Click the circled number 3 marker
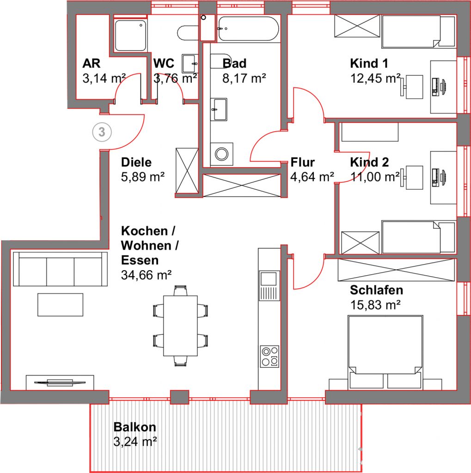[x=102, y=132]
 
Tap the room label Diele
[x=136, y=162]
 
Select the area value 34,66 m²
[x=146, y=275]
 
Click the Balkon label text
[x=135, y=427]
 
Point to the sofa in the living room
[x=60, y=269]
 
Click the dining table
[x=180, y=326]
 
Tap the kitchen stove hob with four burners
[x=269, y=357]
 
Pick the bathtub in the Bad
[x=248, y=29]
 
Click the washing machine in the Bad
[x=221, y=154]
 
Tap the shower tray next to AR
[x=130, y=35]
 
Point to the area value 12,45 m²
[x=375, y=79]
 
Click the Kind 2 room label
[x=369, y=162]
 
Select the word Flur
[x=303, y=162]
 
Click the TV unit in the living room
[x=60, y=382]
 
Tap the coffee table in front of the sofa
[x=61, y=305]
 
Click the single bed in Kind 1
[x=418, y=31]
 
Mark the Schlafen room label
[x=377, y=290]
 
